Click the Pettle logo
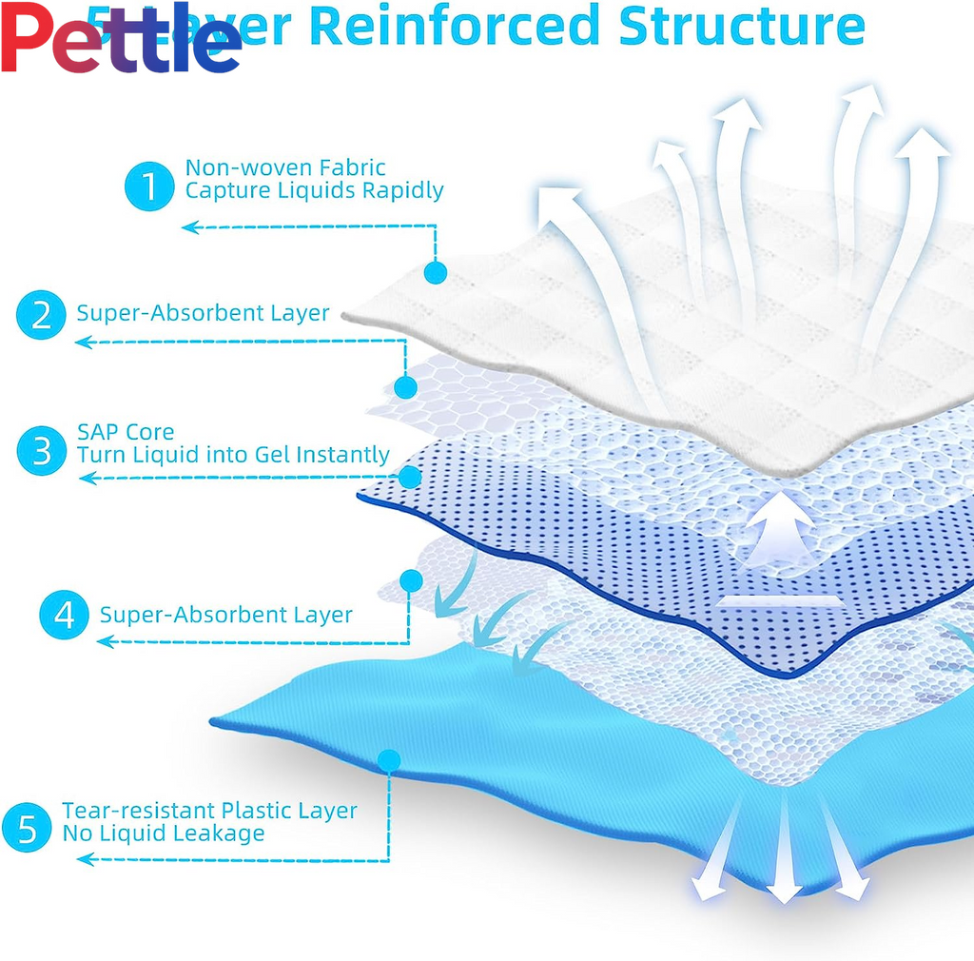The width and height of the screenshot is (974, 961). coord(121,39)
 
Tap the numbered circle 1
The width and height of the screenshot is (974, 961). coord(149,186)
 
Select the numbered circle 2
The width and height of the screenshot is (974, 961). coord(42,313)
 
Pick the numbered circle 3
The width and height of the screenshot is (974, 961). coord(42,449)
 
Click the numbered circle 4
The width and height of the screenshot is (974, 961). coord(65,615)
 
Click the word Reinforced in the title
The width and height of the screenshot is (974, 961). coord(455,26)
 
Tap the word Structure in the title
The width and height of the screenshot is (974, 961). coord(742,26)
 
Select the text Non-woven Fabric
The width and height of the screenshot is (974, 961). coord(285,167)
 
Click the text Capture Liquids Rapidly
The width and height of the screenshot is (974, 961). coord(314,190)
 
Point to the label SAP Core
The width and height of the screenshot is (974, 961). coord(126,432)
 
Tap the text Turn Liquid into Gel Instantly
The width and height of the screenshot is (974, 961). coord(233,455)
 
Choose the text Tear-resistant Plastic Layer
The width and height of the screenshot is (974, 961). coord(209,811)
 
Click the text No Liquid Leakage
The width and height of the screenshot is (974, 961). coord(164,834)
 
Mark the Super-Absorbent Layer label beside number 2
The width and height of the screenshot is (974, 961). coord(203,312)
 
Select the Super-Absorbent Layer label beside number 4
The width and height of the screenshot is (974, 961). coord(225,615)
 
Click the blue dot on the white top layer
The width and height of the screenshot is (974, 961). coord(436,273)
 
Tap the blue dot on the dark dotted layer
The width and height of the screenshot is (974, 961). coord(411,477)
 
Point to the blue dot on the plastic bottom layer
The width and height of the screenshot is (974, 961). coord(388,759)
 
